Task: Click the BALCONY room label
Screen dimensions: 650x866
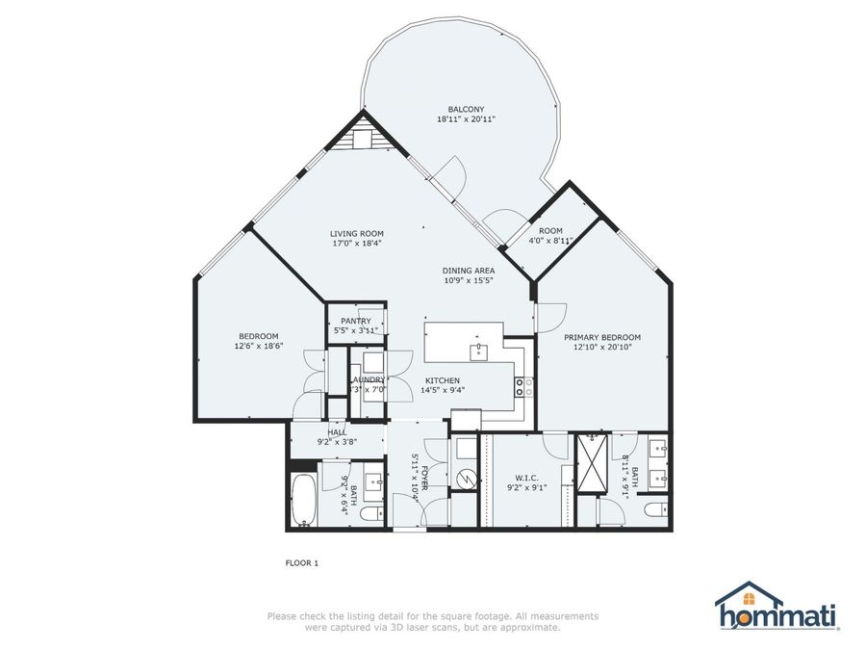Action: pyautogui.click(x=466, y=109)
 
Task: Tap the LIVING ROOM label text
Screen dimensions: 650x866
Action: pyautogui.click(x=357, y=233)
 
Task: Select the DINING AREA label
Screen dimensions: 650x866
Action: pyautogui.click(x=469, y=271)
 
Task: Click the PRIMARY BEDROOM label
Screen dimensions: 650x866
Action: pyautogui.click(x=602, y=337)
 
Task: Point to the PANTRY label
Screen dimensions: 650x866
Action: pyautogui.click(x=356, y=321)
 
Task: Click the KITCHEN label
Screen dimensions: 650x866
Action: pyautogui.click(x=443, y=380)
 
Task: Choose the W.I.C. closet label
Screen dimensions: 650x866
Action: pyautogui.click(x=526, y=477)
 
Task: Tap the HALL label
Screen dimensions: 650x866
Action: pyautogui.click(x=337, y=432)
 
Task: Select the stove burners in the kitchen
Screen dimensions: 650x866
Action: pyautogui.click(x=525, y=387)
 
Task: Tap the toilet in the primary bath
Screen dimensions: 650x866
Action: pyautogui.click(x=654, y=509)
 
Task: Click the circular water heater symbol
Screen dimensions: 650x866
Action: pyautogui.click(x=466, y=479)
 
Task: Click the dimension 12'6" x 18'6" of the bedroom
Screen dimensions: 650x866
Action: pyautogui.click(x=260, y=346)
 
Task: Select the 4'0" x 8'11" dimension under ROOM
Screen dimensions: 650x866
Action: pyautogui.click(x=550, y=241)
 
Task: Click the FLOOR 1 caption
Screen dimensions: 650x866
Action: pyautogui.click(x=301, y=562)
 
